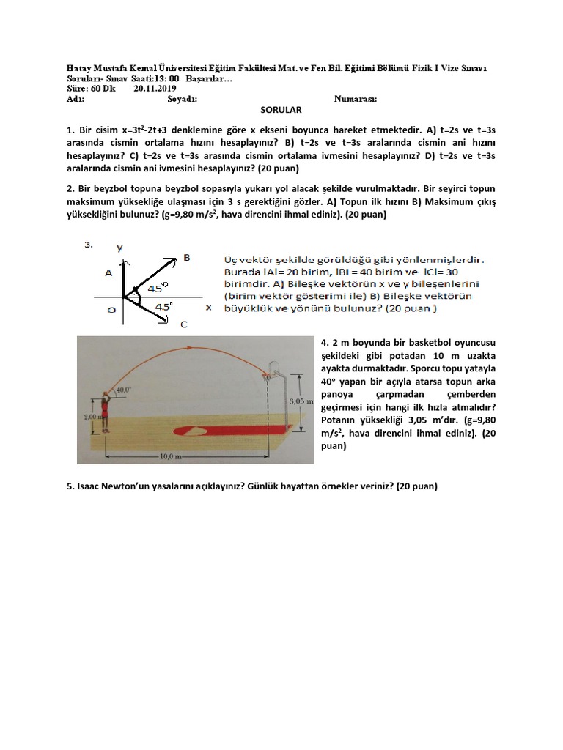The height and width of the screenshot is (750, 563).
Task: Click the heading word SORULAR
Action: point(281,109)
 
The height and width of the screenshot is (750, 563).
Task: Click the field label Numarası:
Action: point(356,98)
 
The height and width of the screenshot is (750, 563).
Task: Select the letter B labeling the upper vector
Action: point(186,257)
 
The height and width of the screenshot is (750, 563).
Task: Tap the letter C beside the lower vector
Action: point(183,324)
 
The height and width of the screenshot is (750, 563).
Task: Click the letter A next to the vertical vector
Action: point(108,272)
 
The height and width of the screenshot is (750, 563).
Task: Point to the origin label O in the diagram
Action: point(111,311)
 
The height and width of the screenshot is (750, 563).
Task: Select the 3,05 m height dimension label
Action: point(301,401)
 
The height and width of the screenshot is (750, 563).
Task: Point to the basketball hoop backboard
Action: point(276,370)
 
